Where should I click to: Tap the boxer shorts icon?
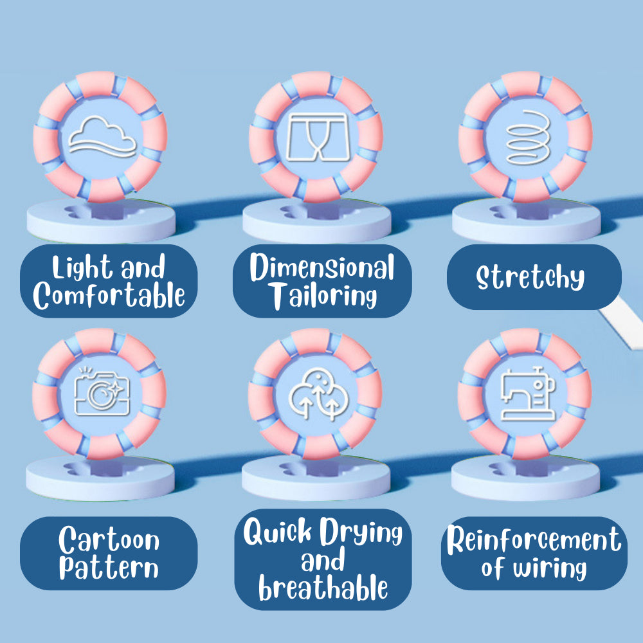316,137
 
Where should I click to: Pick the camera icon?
101,392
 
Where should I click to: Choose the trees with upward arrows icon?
315,394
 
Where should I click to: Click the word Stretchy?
530,277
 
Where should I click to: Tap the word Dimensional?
321,267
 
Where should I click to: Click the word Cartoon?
109,540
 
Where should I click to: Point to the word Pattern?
109,568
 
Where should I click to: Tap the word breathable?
323,588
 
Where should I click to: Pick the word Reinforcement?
534,541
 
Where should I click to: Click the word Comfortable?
109,296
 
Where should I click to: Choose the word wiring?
550,568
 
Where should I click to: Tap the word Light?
80,267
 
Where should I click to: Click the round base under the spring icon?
526,222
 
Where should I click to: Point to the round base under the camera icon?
100,480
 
